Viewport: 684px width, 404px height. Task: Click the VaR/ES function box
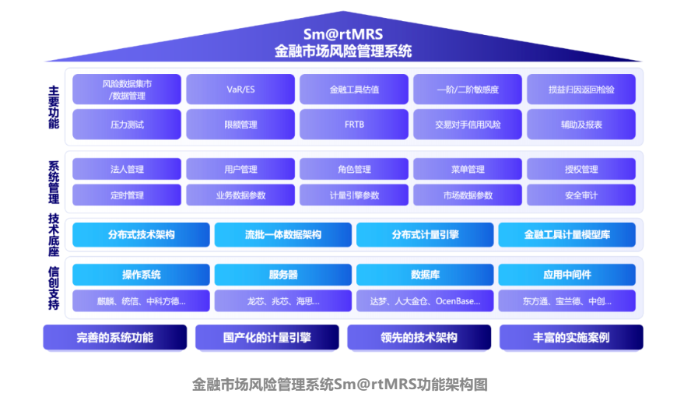point(240,90)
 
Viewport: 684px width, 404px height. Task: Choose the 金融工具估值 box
point(354,90)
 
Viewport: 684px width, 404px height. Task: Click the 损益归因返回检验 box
point(581,90)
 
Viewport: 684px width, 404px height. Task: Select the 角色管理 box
point(354,169)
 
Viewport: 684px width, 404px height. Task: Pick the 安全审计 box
point(581,195)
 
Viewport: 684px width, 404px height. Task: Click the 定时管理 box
point(127,195)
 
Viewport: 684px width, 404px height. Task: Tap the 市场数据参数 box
point(468,195)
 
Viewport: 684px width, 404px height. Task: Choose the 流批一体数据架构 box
point(283,234)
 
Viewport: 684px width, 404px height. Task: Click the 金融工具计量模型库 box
point(566,234)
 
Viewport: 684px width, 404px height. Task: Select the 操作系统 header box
point(141,275)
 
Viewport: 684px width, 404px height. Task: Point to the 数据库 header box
point(425,275)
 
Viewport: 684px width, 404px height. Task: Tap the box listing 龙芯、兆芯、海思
point(283,300)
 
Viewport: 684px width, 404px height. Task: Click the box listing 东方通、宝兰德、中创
point(566,300)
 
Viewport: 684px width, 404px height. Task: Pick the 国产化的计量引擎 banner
point(267,337)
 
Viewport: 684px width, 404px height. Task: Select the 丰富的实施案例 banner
point(571,337)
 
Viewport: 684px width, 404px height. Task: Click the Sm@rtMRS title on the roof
point(342,34)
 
